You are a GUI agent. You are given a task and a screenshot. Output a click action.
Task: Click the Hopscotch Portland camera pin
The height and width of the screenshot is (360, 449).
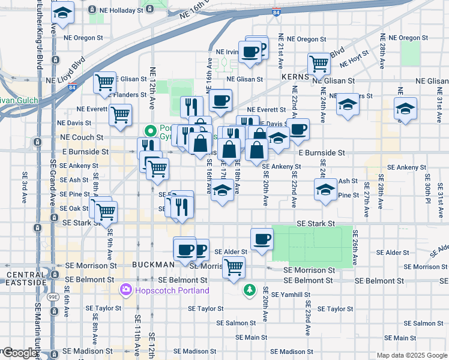point(126,290)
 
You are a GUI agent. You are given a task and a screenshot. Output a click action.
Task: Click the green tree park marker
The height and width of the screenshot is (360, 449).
point(249,290)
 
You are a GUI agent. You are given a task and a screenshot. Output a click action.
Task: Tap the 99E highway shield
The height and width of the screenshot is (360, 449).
point(53,295)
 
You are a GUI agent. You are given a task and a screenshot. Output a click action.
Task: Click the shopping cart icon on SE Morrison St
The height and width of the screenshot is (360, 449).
point(233,265)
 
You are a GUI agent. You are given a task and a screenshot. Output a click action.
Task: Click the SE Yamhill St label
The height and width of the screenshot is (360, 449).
point(291,295)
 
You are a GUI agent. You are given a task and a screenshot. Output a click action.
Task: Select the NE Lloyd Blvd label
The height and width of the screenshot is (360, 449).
point(67,71)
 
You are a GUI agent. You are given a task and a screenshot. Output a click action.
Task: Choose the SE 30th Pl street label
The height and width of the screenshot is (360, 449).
point(427,188)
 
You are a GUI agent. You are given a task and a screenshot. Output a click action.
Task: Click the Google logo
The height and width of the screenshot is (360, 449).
point(19,353)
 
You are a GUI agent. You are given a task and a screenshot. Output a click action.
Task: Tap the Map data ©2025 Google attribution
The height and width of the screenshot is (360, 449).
point(412,355)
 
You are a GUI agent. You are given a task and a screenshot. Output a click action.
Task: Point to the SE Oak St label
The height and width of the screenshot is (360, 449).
point(74,208)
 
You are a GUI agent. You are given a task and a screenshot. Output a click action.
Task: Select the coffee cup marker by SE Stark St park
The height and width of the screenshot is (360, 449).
point(261,238)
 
